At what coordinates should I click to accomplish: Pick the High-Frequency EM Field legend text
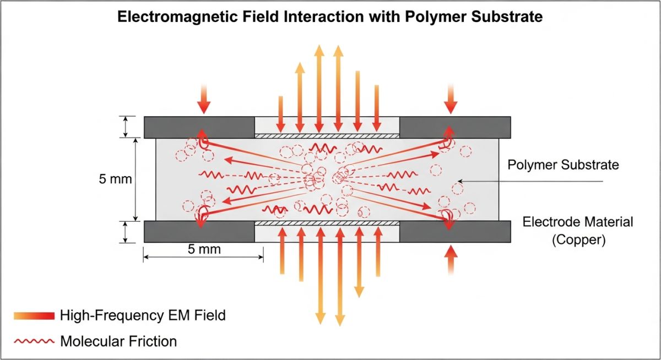pos(143,315)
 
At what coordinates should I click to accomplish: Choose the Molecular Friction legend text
pos(118,341)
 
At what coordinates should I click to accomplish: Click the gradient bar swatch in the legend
pos(34,315)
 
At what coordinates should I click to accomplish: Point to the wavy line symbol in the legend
pos(34,341)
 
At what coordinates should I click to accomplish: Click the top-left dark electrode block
pos(199,128)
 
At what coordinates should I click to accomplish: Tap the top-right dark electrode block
pos(454,128)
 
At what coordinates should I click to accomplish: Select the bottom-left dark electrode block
pos(199,232)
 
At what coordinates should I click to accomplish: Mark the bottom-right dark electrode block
pos(454,232)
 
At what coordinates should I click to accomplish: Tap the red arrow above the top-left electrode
pos(204,100)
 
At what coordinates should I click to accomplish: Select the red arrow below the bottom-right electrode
pos(451,259)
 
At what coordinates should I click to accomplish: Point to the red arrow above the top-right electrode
pos(451,100)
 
